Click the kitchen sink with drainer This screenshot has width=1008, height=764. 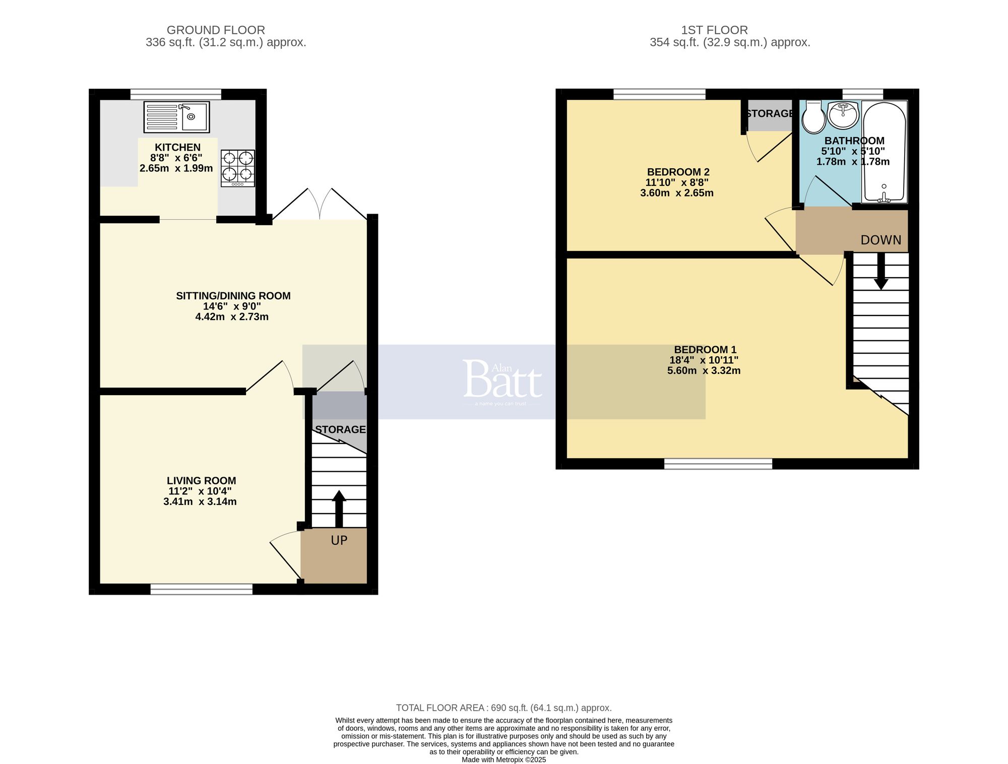(x=176, y=117)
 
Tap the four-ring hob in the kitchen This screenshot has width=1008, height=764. (x=237, y=168)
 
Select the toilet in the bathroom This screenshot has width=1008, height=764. (x=813, y=118)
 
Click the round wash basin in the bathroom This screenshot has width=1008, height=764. (x=843, y=115)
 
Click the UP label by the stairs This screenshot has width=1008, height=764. (x=339, y=541)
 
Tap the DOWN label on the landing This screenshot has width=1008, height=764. (x=880, y=240)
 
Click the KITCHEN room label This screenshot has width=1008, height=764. (x=177, y=147)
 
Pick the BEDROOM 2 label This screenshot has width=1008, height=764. (x=678, y=172)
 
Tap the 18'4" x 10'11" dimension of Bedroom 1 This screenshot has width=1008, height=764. (x=704, y=360)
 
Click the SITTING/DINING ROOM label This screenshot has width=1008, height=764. (x=233, y=296)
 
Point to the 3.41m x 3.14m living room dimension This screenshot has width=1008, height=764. (x=200, y=502)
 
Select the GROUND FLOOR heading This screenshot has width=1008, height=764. (x=215, y=30)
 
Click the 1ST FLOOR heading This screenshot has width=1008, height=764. (x=714, y=30)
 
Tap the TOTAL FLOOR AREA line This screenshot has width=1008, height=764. (x=503, y=708)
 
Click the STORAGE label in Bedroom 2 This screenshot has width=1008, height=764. (x=769, y=114)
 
